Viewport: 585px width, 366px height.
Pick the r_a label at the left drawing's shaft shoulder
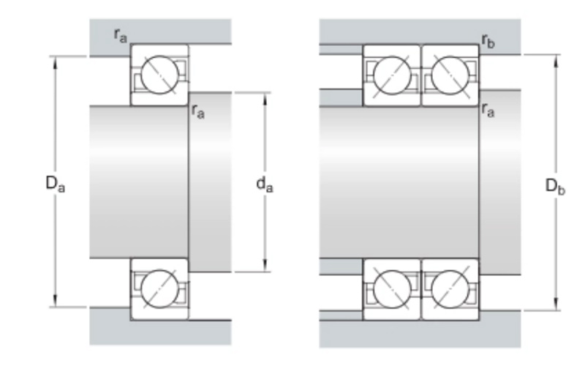(197, 111)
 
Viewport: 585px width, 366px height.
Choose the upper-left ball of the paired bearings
(392, 74)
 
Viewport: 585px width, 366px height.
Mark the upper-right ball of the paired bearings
(450, 74)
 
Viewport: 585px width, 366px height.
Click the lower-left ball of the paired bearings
(392, 288)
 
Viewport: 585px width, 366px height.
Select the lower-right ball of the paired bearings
(450, 288)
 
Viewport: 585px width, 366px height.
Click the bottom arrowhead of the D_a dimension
(55, 302)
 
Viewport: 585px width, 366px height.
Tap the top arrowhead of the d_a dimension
(265, 97)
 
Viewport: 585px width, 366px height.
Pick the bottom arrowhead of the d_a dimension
(265, 267)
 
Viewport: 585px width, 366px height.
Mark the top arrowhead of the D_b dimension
(556, 59)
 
